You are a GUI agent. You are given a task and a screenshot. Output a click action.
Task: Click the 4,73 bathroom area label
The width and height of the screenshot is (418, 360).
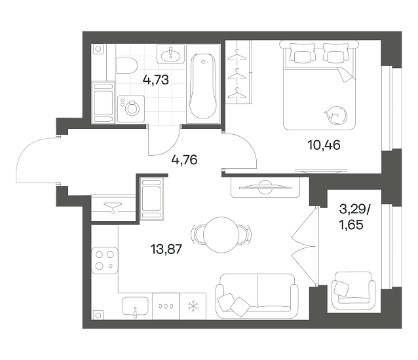(156, 80)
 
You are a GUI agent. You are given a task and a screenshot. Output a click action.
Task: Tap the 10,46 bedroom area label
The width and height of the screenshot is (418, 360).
(324, 145)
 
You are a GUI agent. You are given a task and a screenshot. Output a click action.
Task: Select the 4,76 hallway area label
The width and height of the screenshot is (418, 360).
(185, 160)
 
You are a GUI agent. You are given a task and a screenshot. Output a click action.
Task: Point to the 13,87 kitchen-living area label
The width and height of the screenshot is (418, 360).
(166, 249)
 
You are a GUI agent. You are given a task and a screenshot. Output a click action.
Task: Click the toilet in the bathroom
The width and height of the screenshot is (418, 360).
(126, 65)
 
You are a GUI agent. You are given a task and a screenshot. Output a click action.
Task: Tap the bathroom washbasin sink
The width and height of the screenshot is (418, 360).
(170, 54)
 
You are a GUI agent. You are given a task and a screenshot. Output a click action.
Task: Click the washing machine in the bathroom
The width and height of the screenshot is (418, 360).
(131, 109)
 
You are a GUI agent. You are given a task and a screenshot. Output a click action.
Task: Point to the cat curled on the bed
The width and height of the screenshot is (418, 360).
(335, 115)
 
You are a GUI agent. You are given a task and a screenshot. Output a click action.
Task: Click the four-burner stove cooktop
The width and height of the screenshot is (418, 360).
(105, 261)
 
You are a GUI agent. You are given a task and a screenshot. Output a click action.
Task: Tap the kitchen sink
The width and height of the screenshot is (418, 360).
(136, 307)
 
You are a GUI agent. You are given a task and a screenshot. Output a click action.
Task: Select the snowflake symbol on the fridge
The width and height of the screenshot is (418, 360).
(193, 306)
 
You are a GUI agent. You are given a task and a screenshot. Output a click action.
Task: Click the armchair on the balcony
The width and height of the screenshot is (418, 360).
(354, 291)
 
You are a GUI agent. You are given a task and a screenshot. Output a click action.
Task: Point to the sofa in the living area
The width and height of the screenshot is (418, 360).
(257, 296)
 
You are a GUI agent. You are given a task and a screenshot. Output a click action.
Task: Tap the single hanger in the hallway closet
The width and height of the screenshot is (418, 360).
(113, 207)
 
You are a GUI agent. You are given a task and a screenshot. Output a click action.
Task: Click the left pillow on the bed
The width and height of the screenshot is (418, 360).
(301, 54)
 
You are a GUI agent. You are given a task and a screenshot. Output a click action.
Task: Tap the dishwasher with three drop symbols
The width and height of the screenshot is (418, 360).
(166, 306)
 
